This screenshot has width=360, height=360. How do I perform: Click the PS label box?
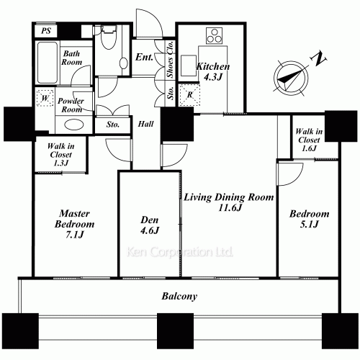pyautogui.click(x=46, y=31)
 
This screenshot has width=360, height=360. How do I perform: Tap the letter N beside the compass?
pyautogui.click(x=318, y=58)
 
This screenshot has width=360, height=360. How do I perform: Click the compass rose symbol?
pyautogui.click(x=291, y=78)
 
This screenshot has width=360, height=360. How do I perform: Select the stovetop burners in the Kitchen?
pyautogui.click(x=214, y=36)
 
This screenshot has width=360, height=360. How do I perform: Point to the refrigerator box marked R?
pyautogui.click(x=189, y=94)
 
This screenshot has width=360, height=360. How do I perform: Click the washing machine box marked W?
pyautogui.click(x=45, y=98)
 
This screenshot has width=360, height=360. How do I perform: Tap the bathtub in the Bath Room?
pyautogui.click(x=48, y=63)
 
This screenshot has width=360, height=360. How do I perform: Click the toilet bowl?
pyautogui.click(x=109, y=38)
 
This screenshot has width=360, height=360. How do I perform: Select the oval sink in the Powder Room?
pyautogui.click(x=74, y=125)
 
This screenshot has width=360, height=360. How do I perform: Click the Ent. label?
pyautogui.click(x=144, y=57)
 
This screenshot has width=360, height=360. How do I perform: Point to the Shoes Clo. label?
pyautogui.click(x=170, y=59)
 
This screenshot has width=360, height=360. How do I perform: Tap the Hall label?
pyautogui.click(x=145, y=124)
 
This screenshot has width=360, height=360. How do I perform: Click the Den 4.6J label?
pyautogui.click(x=150, y=225)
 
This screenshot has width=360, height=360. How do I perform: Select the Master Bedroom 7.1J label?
pyautogui.click(x=74, y=224)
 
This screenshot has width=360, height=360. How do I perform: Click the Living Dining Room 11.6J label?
pyautogui.click(x=229, y=202)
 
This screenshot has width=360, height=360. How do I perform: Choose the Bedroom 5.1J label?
pyautogui.click(x=309, y=219)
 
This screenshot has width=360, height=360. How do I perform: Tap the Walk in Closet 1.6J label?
pyautogui.click(x=309, y=140)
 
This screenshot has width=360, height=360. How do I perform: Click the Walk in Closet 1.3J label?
pyautogui.click(x=60, y=155)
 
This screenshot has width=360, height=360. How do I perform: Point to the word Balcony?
pyautogui.click(x=179, y=297)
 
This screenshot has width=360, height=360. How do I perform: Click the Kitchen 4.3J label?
pyautogui.click(x=213, y=71)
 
